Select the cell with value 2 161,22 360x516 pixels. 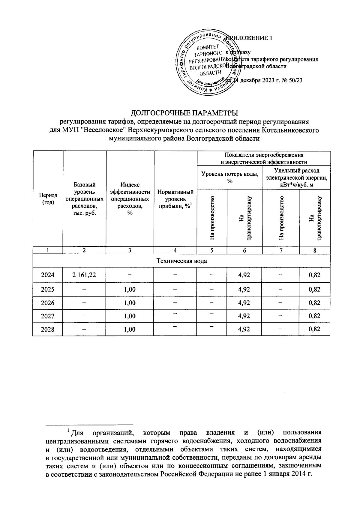(x=84, y=275)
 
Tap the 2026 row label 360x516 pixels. (x=48, y=303)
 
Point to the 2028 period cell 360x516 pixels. (x=48, y=329)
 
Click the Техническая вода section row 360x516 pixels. (x=181, y=261)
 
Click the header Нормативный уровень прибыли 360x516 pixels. (x=175, y=199)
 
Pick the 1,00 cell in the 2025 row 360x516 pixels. (x=130, y=290)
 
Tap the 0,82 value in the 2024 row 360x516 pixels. (x=314, y=275)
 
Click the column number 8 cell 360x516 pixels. (x=315, y=251)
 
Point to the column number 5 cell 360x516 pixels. (x=212, y=251)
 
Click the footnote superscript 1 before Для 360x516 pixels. (x=68, y=431)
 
